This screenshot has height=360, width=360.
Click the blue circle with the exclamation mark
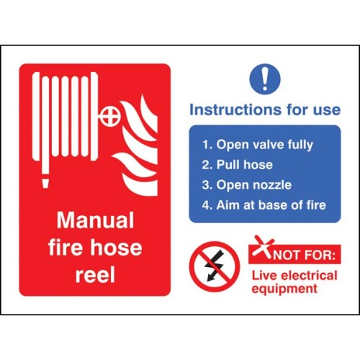[x=265, y=78]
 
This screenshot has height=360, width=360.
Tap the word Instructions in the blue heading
[x=236, y=109]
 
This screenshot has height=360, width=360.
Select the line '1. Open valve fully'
[x=258, y=145]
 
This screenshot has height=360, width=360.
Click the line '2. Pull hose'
[x=238, y=165]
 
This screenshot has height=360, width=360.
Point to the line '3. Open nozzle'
[x=247, y=185]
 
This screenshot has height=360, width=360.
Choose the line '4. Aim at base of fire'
[x=264, y=205]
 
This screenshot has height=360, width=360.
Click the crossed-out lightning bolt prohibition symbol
[x=214, y=266]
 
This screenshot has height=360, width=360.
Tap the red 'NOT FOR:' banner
[x=294, y=254]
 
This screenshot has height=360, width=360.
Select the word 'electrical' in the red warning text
[x=309, y=275]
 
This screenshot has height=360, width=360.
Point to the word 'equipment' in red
[x=284, y=289]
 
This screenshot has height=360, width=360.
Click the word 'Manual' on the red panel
[x=95, y=220]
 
